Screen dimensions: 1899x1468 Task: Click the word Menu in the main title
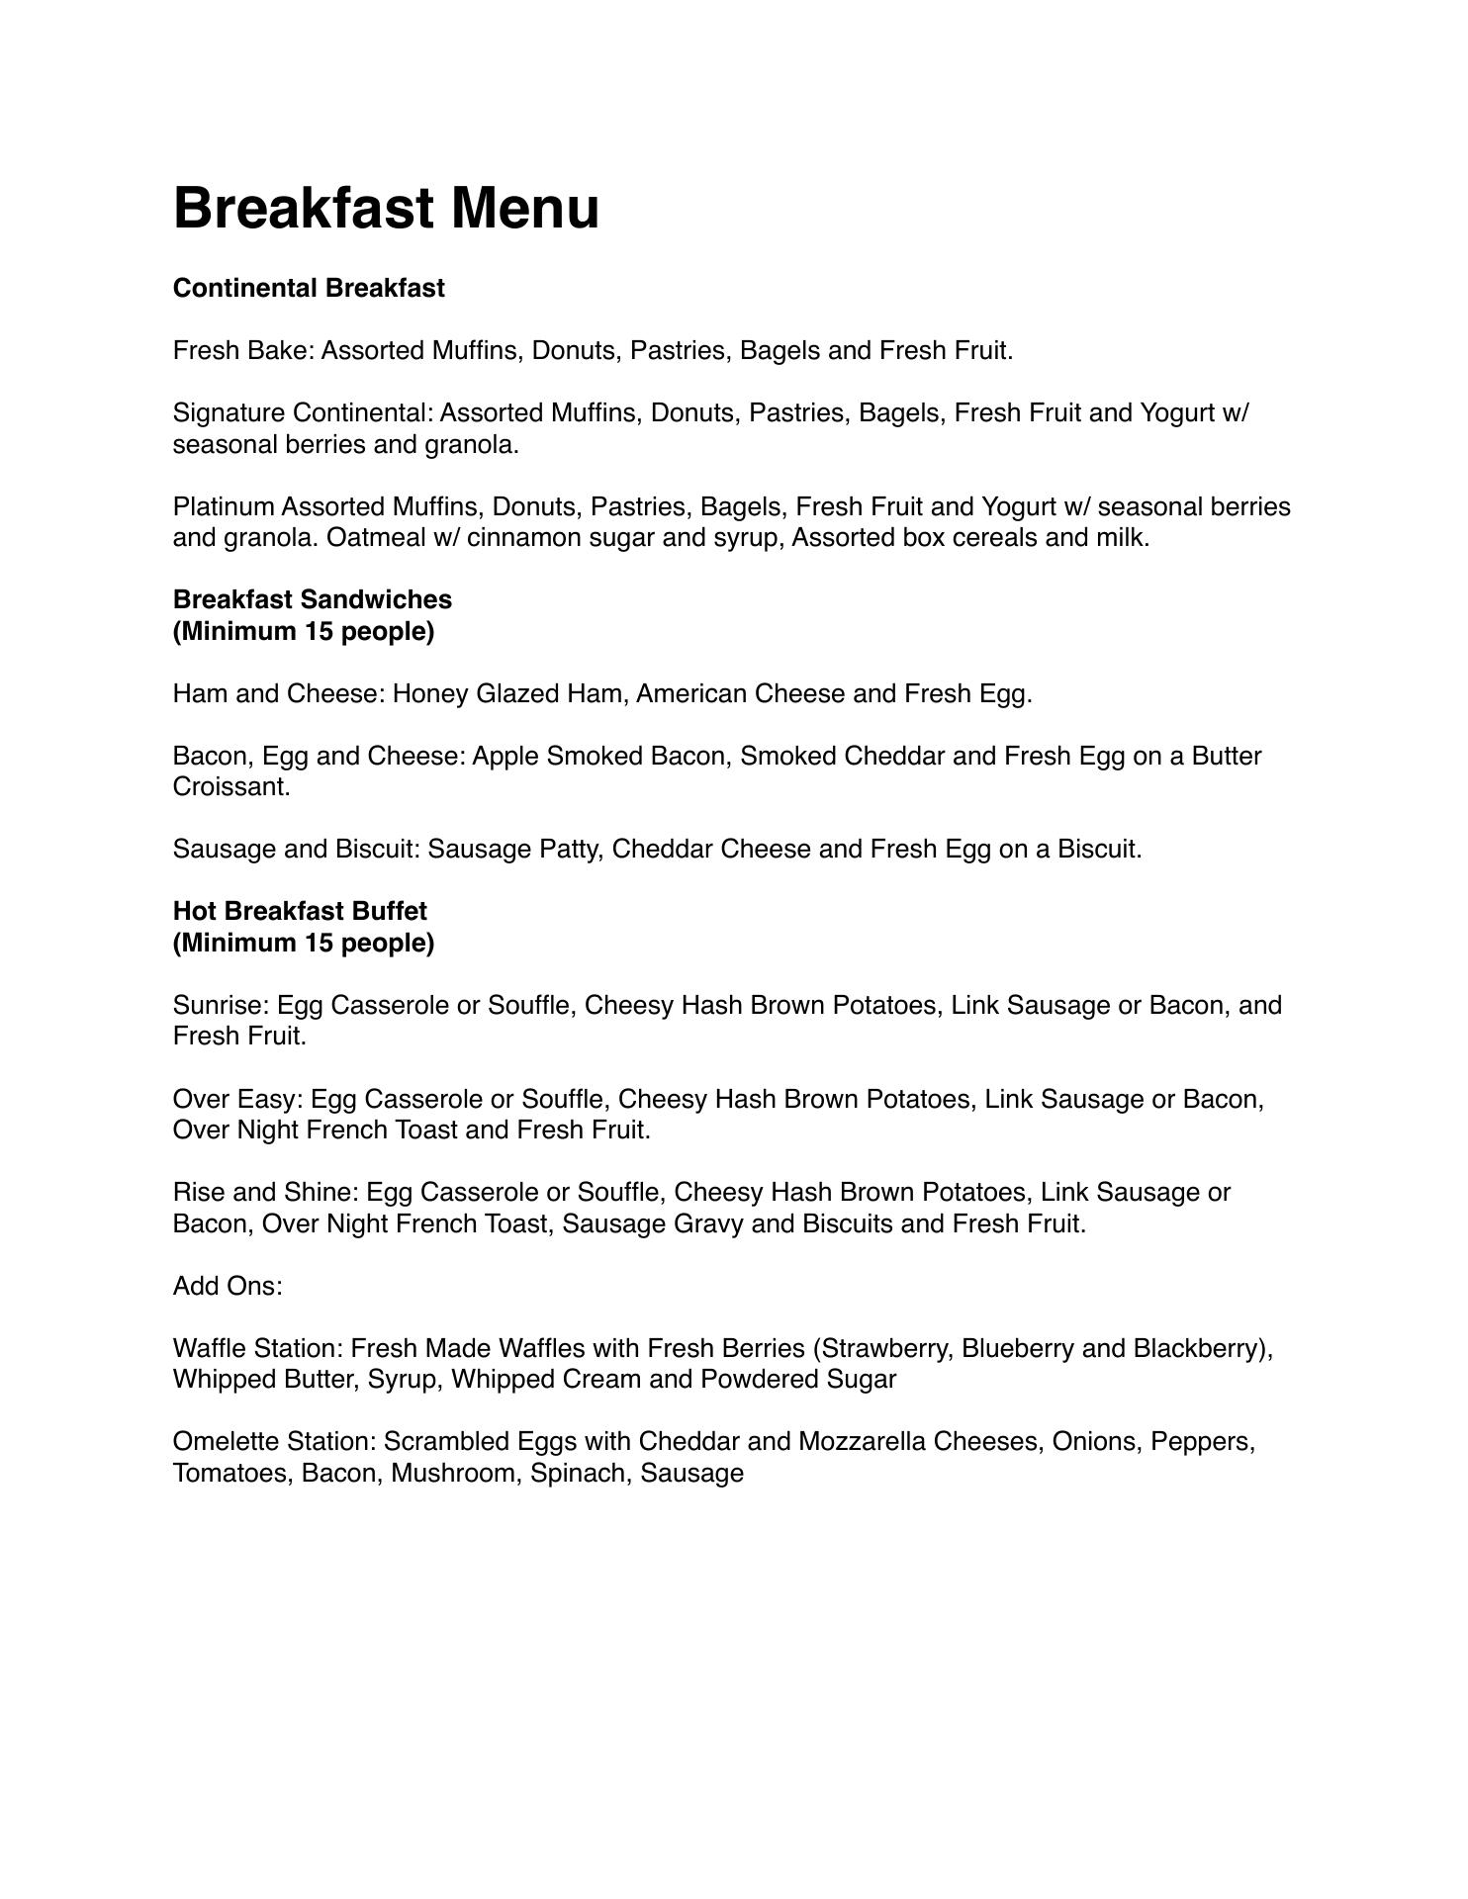525,209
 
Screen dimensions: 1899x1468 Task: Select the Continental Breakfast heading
309,289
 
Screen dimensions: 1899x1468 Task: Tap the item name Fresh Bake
240,351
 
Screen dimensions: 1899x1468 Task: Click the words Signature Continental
302,413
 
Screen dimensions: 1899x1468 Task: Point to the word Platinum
223,507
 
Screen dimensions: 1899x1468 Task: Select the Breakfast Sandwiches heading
313,600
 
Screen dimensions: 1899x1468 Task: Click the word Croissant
230,787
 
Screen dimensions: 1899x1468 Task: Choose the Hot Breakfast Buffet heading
300,912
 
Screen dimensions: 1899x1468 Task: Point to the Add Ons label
227,1287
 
